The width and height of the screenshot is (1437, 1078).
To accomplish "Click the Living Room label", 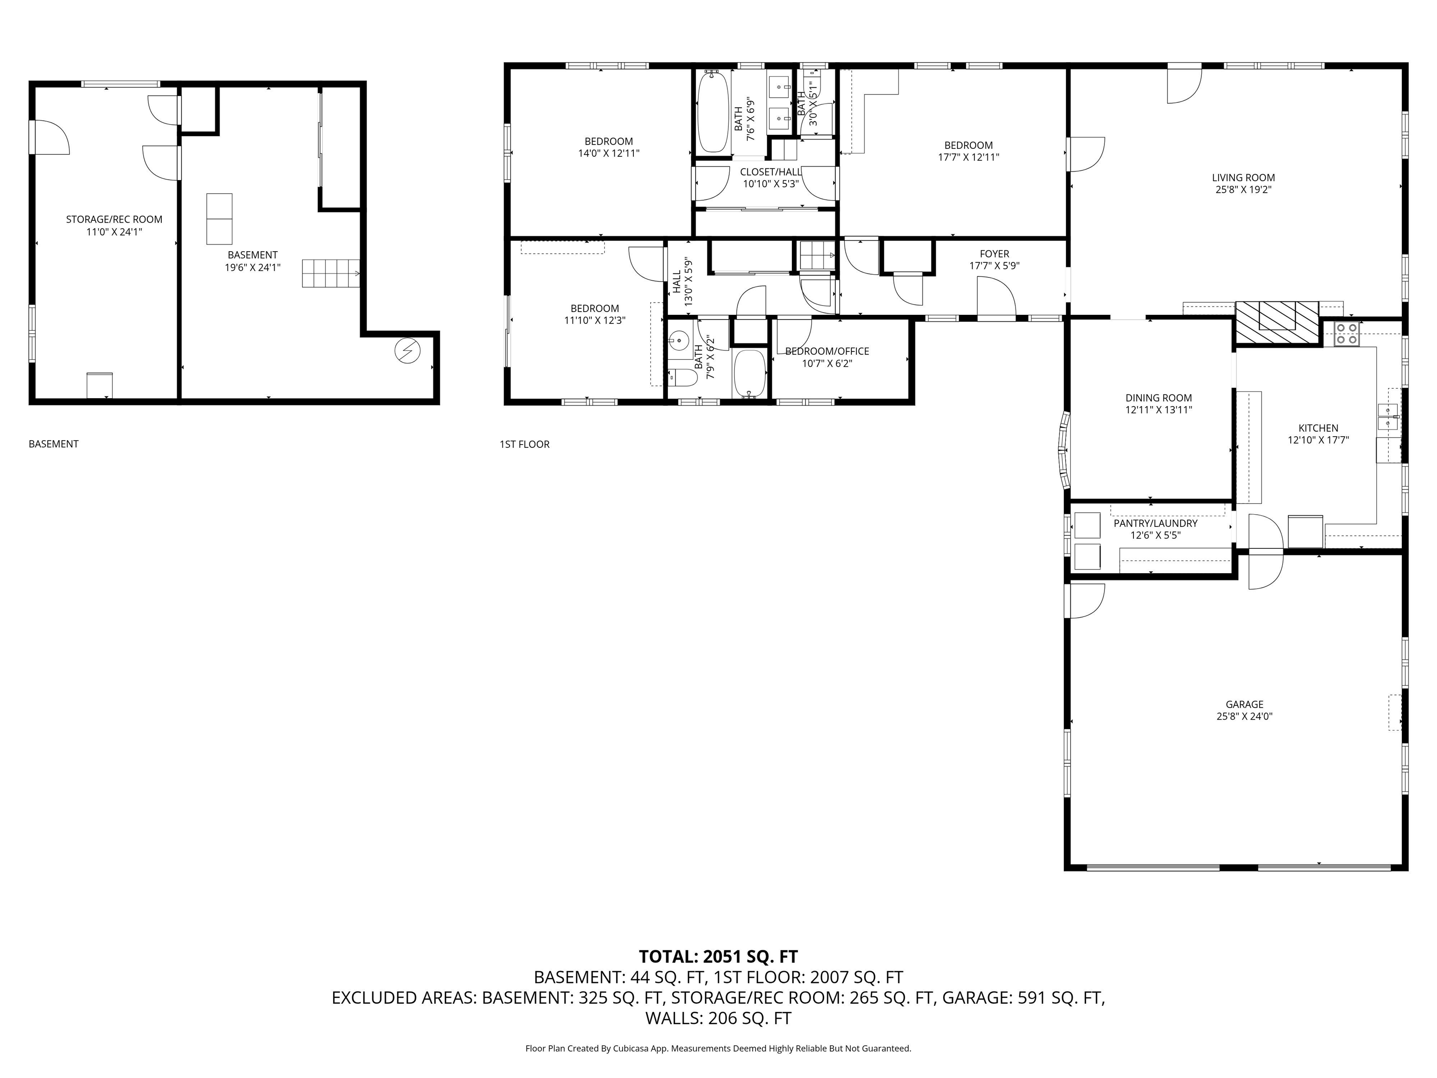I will (1243, 177).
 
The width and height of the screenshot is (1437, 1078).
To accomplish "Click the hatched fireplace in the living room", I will (1277, 323).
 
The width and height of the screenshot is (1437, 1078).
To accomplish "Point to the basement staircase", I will (331, 273).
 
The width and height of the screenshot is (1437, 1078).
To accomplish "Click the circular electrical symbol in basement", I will (408, 351).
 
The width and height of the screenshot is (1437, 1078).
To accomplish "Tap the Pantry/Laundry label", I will (1155, 523).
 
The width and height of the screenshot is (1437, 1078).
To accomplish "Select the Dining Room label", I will (1158, 398).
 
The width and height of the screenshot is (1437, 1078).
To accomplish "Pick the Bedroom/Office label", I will (827, 351).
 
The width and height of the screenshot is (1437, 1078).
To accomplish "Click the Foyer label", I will (994, 254).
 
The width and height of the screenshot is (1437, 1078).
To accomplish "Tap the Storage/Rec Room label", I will (114, 219).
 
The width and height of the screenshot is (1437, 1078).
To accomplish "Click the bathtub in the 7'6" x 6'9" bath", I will (713, 112).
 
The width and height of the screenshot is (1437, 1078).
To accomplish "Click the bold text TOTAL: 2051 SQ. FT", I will (718, 956).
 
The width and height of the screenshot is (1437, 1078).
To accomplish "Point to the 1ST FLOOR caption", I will (524, 444).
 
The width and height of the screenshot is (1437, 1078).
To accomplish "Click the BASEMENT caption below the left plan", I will (53, 444).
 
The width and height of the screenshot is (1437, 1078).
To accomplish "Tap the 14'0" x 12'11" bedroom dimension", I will (609, 153).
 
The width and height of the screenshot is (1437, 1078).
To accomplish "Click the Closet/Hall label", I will (770, 172).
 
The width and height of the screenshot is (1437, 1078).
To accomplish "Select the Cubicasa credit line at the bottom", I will (718, 1048).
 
